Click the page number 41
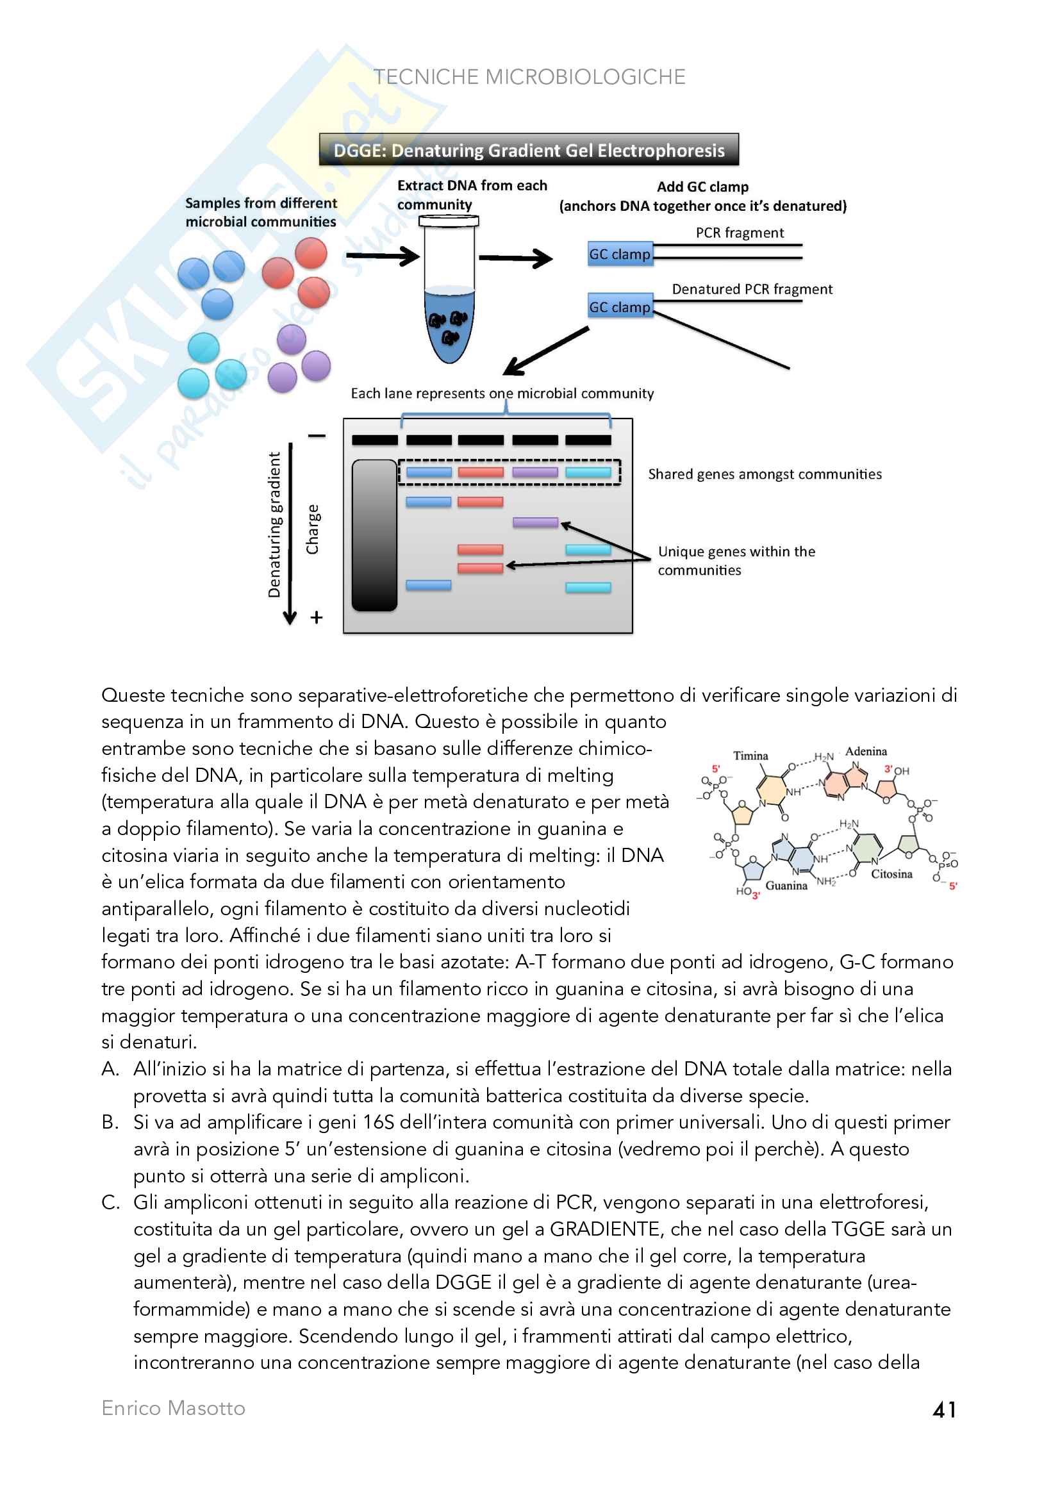(944, 1409)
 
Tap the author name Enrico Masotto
(173, 1408)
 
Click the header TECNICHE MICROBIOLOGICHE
(529, 77)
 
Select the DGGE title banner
(529, 150)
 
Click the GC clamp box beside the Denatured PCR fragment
(620, 307)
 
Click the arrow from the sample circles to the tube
(383, 256)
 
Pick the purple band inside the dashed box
(535, 472)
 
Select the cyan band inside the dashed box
(588, 472)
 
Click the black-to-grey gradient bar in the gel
(375, 535)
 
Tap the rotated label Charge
(313, 529)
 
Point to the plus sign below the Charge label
(317, 618)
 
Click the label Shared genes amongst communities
(765, 474)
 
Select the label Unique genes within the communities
(736, 560)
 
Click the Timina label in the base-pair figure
(750, 756)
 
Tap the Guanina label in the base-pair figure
(786, 885)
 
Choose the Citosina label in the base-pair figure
(891, 874)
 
